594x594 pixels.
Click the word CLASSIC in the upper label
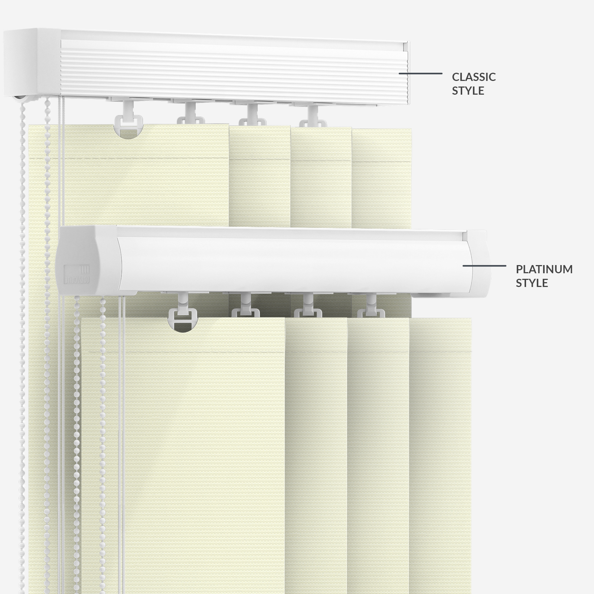coord(474,77)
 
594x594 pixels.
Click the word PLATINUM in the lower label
coord(544,269)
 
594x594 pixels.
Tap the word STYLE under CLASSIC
coord(468,91)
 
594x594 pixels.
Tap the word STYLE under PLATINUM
coord(532,283)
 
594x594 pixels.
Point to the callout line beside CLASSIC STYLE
coord(420,74)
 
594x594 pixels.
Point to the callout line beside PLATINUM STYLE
coord(484,266)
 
